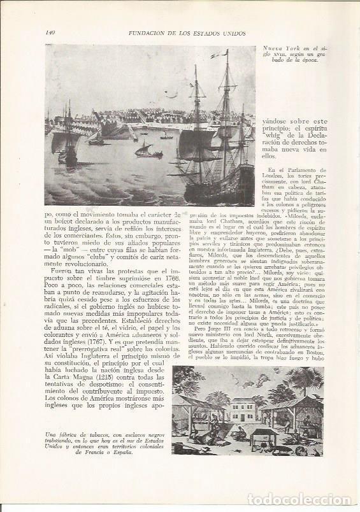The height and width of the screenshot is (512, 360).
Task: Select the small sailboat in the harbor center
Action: pyautogui.click(x=145, y=152)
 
